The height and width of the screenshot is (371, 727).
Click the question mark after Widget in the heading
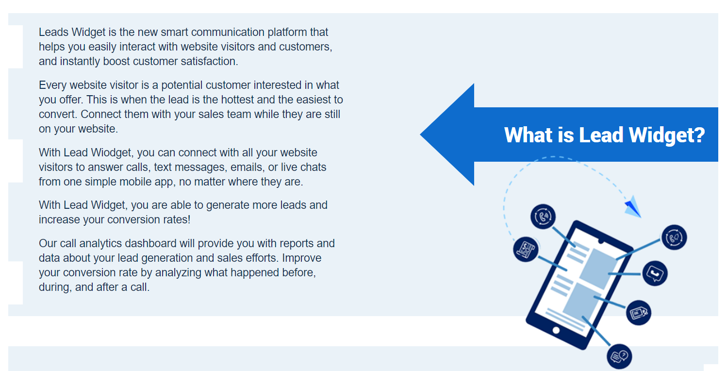click(x=699, y=135)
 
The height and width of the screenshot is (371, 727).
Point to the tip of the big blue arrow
click(x=420, y=134)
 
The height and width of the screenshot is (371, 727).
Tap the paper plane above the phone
click(x=633, y=206)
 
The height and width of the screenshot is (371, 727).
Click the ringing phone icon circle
click(x=543, y=217)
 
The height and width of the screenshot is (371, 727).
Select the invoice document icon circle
click(x=526, y=249)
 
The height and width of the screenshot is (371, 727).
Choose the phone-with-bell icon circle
click(x=674, y=237)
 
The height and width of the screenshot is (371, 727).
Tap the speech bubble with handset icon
click(x=655, y=273)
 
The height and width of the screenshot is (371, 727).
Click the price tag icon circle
click(x=638, y=313)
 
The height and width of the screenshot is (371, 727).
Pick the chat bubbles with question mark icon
click(x=619, y=356)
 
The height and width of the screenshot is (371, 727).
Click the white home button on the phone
click(x=556, y=330)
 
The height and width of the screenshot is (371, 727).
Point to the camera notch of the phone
click(x=601, y=241)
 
